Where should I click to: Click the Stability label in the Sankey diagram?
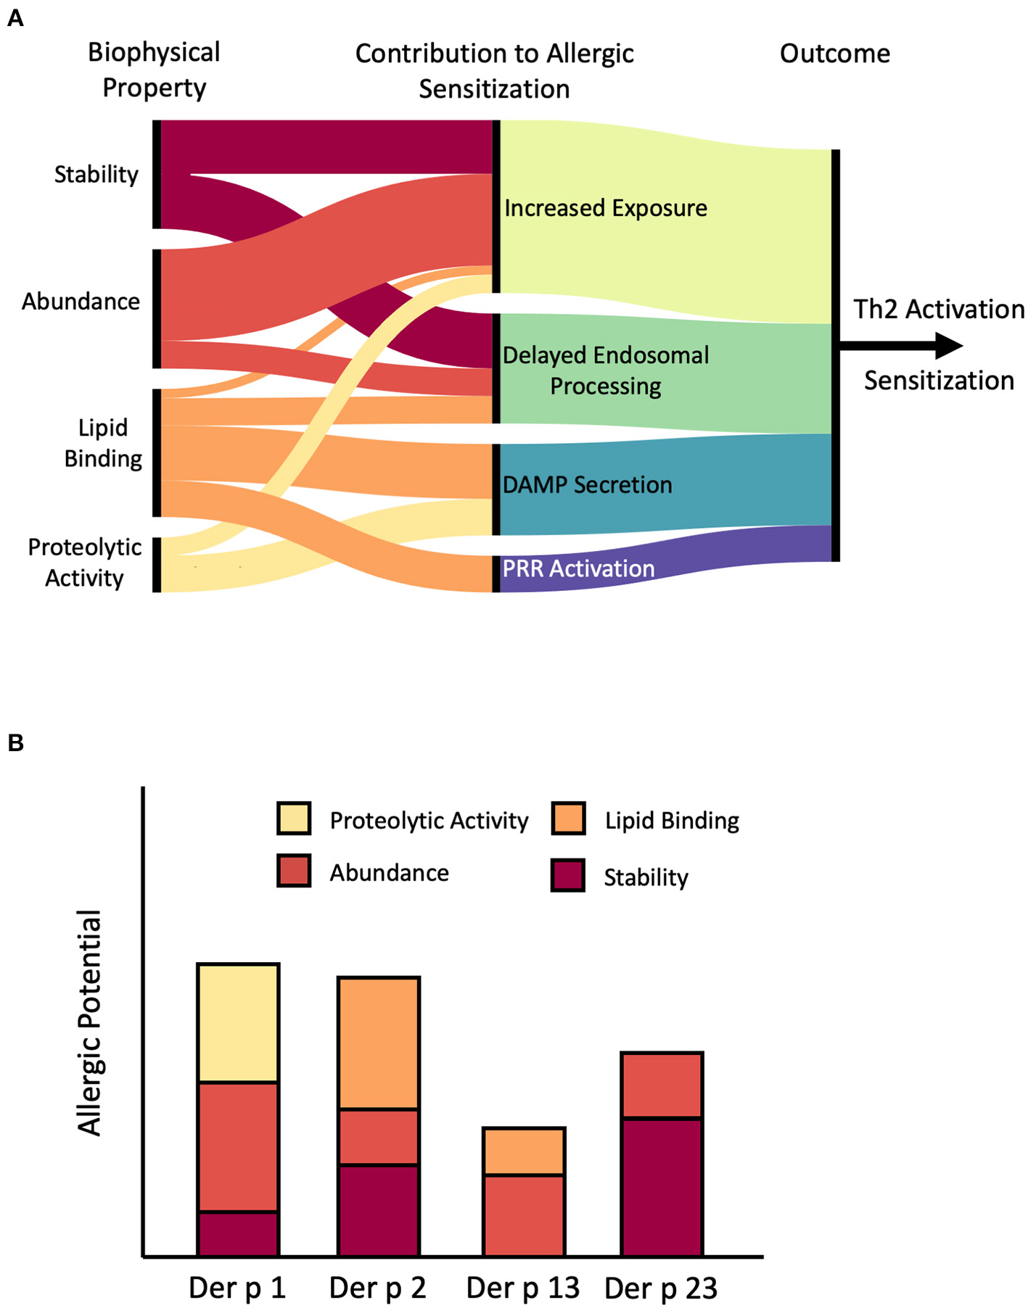pos(96,175)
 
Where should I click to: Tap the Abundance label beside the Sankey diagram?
pos(81,301)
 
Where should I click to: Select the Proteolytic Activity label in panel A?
pos(84,563)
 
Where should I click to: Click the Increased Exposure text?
pos(606,208)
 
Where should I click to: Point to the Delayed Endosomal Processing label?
pos(606,371)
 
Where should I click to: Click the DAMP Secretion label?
pos(588,484)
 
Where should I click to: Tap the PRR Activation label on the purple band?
pos(578,568)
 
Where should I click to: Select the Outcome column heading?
pos(834,54)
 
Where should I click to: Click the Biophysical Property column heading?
pos(154,70)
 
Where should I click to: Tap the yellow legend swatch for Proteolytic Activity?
pos(294,819)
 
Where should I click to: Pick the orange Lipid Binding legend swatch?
pos(568,819)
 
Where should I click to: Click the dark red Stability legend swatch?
pos(568,875)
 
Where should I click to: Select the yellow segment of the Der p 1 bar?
pos(238,1023)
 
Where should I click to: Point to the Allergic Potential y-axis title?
pos(91,1022)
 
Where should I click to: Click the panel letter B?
pos(15,743)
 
